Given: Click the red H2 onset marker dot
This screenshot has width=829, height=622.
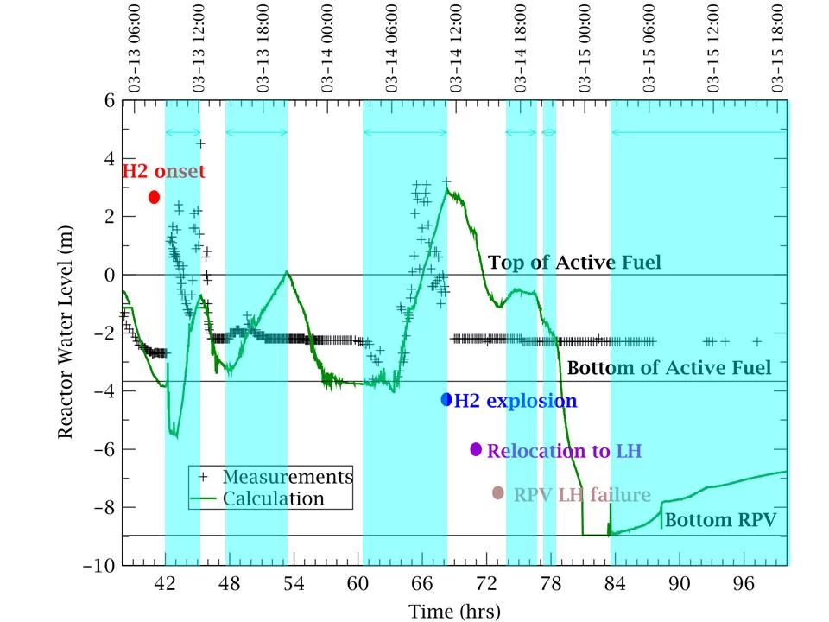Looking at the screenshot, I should [155, 197].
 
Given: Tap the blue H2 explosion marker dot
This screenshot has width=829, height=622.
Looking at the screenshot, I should [446, 399].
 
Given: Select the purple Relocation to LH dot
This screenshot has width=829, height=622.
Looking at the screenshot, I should [476, 448].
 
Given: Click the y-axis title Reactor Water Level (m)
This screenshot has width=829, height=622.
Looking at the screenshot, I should [66, 333].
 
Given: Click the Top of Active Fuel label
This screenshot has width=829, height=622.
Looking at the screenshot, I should [574, 263].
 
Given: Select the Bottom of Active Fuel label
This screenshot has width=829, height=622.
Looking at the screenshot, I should [668, 368].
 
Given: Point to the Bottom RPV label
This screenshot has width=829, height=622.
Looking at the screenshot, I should [720, 520].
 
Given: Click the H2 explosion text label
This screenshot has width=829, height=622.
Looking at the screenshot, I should [515, 401].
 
